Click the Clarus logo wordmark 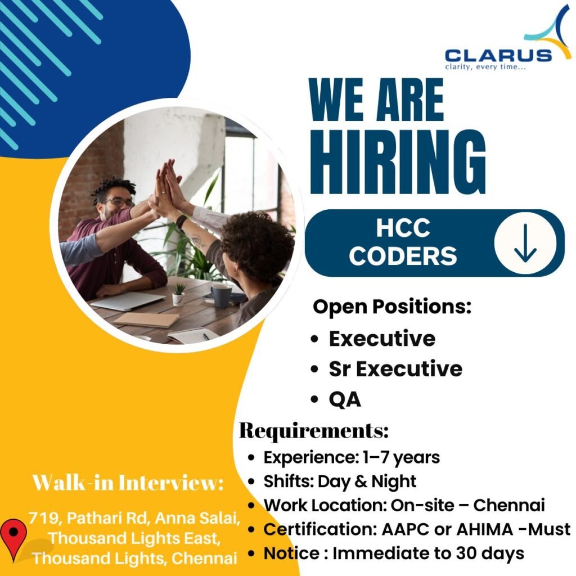(x=498, y=55)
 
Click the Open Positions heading (x=391, y=307)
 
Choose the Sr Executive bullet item (x=395, y=368)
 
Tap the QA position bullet (x=344, y=399)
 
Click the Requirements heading (x=314, y=431)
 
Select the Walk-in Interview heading (x=128, y=482)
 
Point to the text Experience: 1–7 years (x=352, y=457)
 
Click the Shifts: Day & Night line (x=340, y=481)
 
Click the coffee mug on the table (x=220, y=295)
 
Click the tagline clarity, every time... (x=485, y=68)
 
